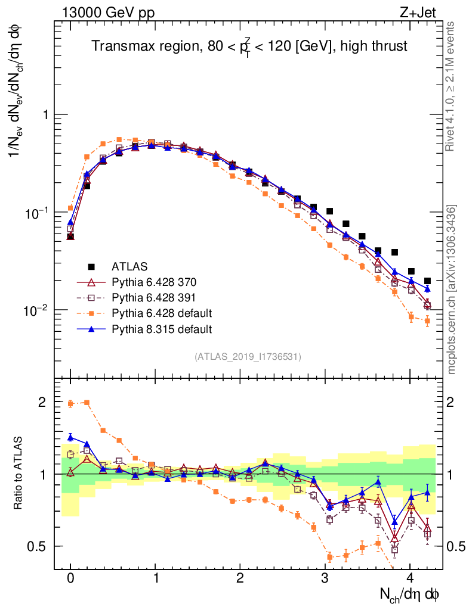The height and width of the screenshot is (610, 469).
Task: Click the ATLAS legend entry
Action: pyautogui.click(x=129, y=266)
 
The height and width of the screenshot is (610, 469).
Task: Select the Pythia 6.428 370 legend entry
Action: pyautogui.click(x=153, y=282)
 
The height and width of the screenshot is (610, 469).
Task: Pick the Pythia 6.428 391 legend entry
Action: pyautogui.click(x=153, y=297)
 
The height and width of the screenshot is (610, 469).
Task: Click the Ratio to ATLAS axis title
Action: pyautogui.click(x=18, y=474)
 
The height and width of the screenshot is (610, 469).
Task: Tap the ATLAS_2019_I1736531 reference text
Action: pyautogui.click(x=247, y=357)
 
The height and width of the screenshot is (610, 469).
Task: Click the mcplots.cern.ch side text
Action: pyautogui.click(x=452, y=289)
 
